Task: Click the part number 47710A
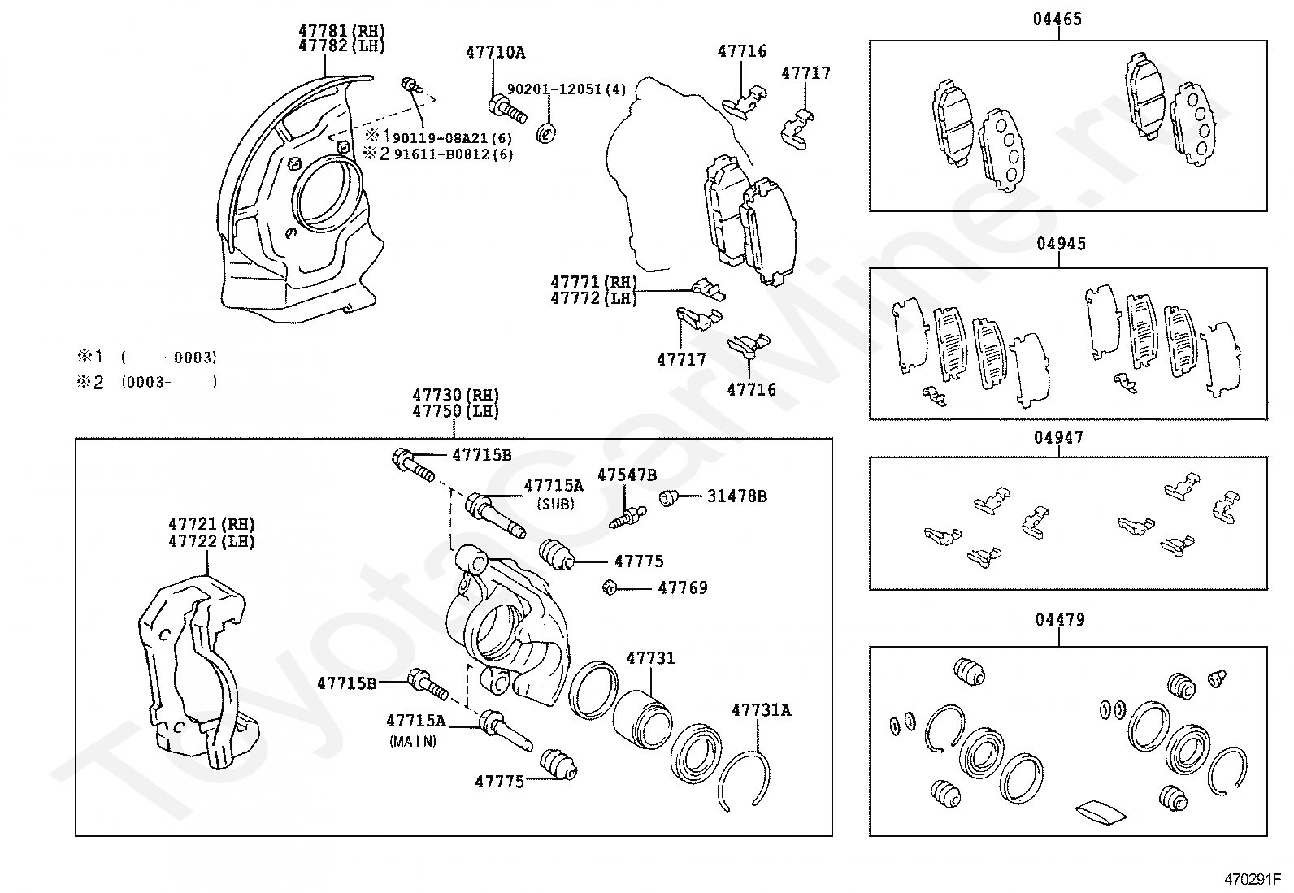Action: click(x=496, y=53)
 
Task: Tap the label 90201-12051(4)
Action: click(x=567, y=89)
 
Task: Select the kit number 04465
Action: click(x=1057, y=19)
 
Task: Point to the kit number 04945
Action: click(x=1062, y=244)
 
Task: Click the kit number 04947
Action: click(x=1058, y=438)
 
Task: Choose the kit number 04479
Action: click(x=1060, y=620)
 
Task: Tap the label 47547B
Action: click(x=627, y=475)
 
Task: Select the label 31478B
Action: click(x=737, y=496)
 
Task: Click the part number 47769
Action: click(x=683, y=588)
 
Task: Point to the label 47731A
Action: click(x=762, y=710)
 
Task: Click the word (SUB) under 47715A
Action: click(x=556, y=505)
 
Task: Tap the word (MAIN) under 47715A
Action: click(x=413, y=741)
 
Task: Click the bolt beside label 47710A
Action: click(x=508, y=111)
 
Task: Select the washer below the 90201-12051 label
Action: click(x=546, y=133)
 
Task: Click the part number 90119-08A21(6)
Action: click(x=452, y=138)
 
